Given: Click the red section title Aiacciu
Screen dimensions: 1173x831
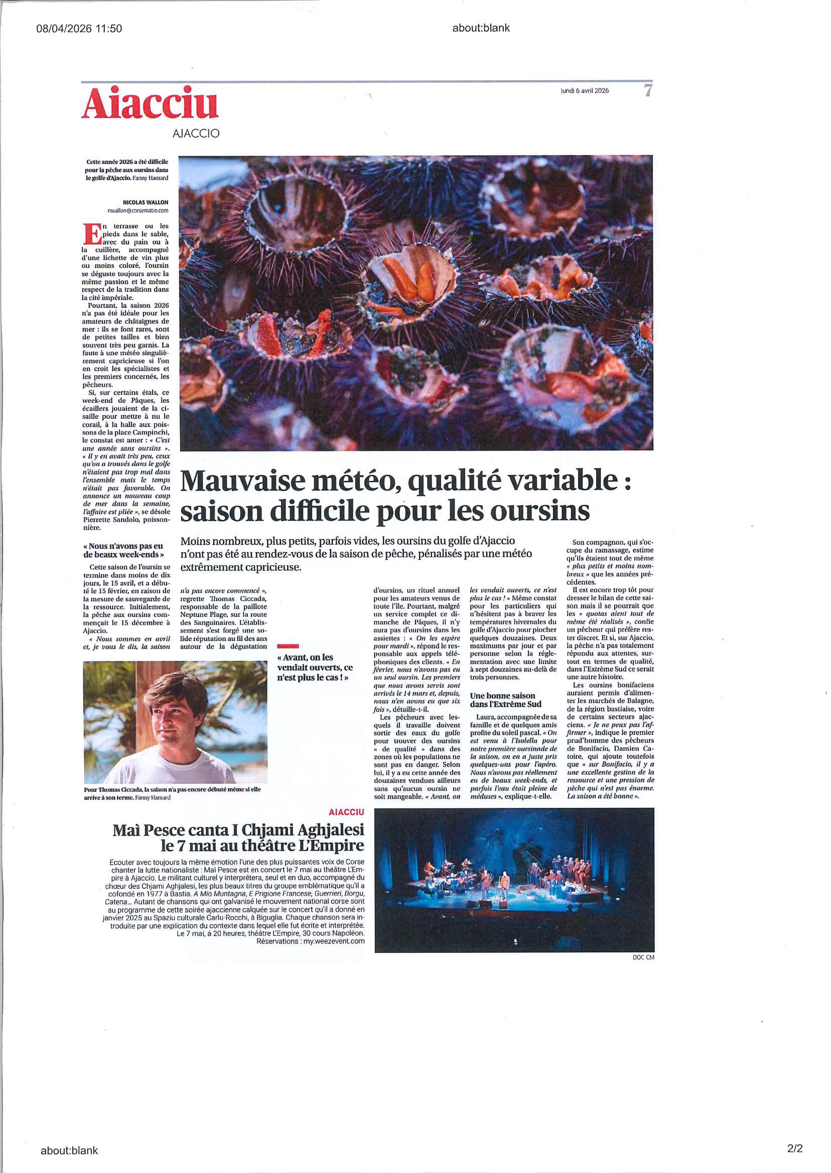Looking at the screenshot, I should click(x=150, y=104).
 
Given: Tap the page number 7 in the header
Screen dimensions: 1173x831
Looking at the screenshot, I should click(x=647, y=91).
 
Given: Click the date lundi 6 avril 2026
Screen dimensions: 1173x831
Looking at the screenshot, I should click(x=585, y=91).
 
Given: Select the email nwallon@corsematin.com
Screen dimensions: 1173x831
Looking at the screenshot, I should click(x=137, y=210).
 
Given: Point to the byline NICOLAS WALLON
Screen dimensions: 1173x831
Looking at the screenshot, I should click(x=146, y=203).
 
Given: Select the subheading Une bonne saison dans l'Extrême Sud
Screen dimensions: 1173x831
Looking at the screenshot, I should click(x=502, y=700).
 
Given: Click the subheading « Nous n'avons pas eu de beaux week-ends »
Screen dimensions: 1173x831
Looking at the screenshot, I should click(x=123, y=550).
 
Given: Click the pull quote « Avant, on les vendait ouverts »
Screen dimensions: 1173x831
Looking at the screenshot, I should click(x=315, y=667).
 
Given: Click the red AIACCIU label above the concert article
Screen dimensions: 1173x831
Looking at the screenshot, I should click(x=346, y=811).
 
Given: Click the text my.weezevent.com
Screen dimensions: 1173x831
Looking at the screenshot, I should click(x=333, y=941).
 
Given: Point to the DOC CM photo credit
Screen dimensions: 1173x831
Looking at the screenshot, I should click(x=643, y=957).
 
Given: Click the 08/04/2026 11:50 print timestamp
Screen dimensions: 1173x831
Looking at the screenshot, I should click(x=79, y=29).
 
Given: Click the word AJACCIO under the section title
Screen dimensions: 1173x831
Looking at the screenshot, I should click(x=196, y=133).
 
